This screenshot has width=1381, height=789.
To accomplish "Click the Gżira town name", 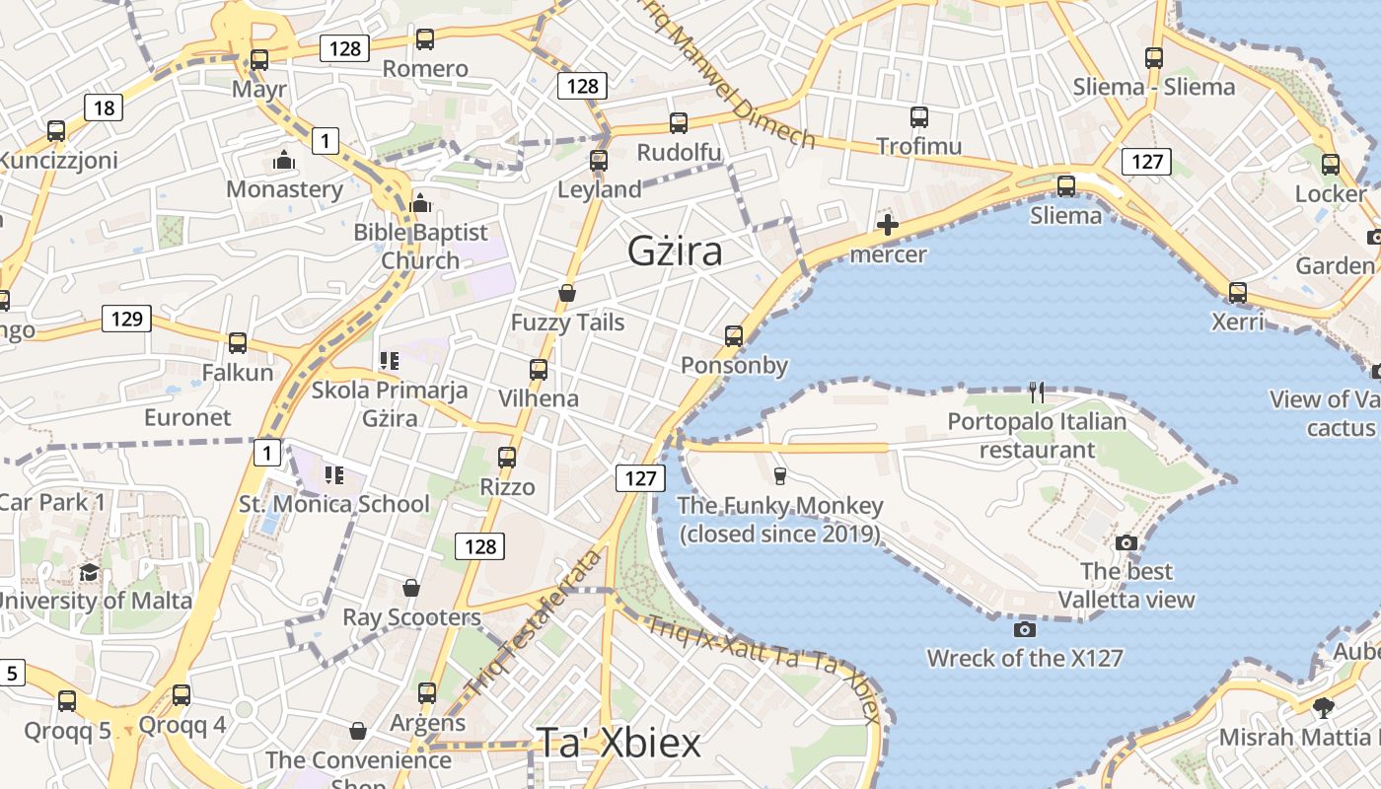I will pos(675,251).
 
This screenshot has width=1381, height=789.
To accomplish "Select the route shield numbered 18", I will pos(104,108).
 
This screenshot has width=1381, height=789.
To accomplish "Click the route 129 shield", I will pos(126,319).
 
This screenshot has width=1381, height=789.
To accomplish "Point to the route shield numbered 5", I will pos(12,674).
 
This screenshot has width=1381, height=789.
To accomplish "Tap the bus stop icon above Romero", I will pos(424,39).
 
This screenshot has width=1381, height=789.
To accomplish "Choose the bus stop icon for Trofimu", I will pos(919,117).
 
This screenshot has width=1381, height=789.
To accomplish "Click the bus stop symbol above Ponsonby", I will pos(734,336).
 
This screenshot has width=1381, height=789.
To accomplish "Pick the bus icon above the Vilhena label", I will pos(539,370).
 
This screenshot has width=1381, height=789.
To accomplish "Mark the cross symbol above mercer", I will pos(888,225).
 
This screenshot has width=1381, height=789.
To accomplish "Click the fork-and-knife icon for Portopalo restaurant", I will pos(1036,393).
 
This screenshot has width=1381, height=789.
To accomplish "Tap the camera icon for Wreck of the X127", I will pos(1025,628).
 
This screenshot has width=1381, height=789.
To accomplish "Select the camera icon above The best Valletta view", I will pos(1127,542).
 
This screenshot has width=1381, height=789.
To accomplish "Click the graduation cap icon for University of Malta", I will pos(90,572).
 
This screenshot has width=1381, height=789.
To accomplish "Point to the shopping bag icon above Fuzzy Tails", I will pos(567,293).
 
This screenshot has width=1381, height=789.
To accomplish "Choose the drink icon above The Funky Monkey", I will pos(780,476).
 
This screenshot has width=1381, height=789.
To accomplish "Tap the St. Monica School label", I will pos(334,504).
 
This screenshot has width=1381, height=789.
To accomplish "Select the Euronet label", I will pos(187,417).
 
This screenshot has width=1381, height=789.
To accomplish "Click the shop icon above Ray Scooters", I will pos(411,589).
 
